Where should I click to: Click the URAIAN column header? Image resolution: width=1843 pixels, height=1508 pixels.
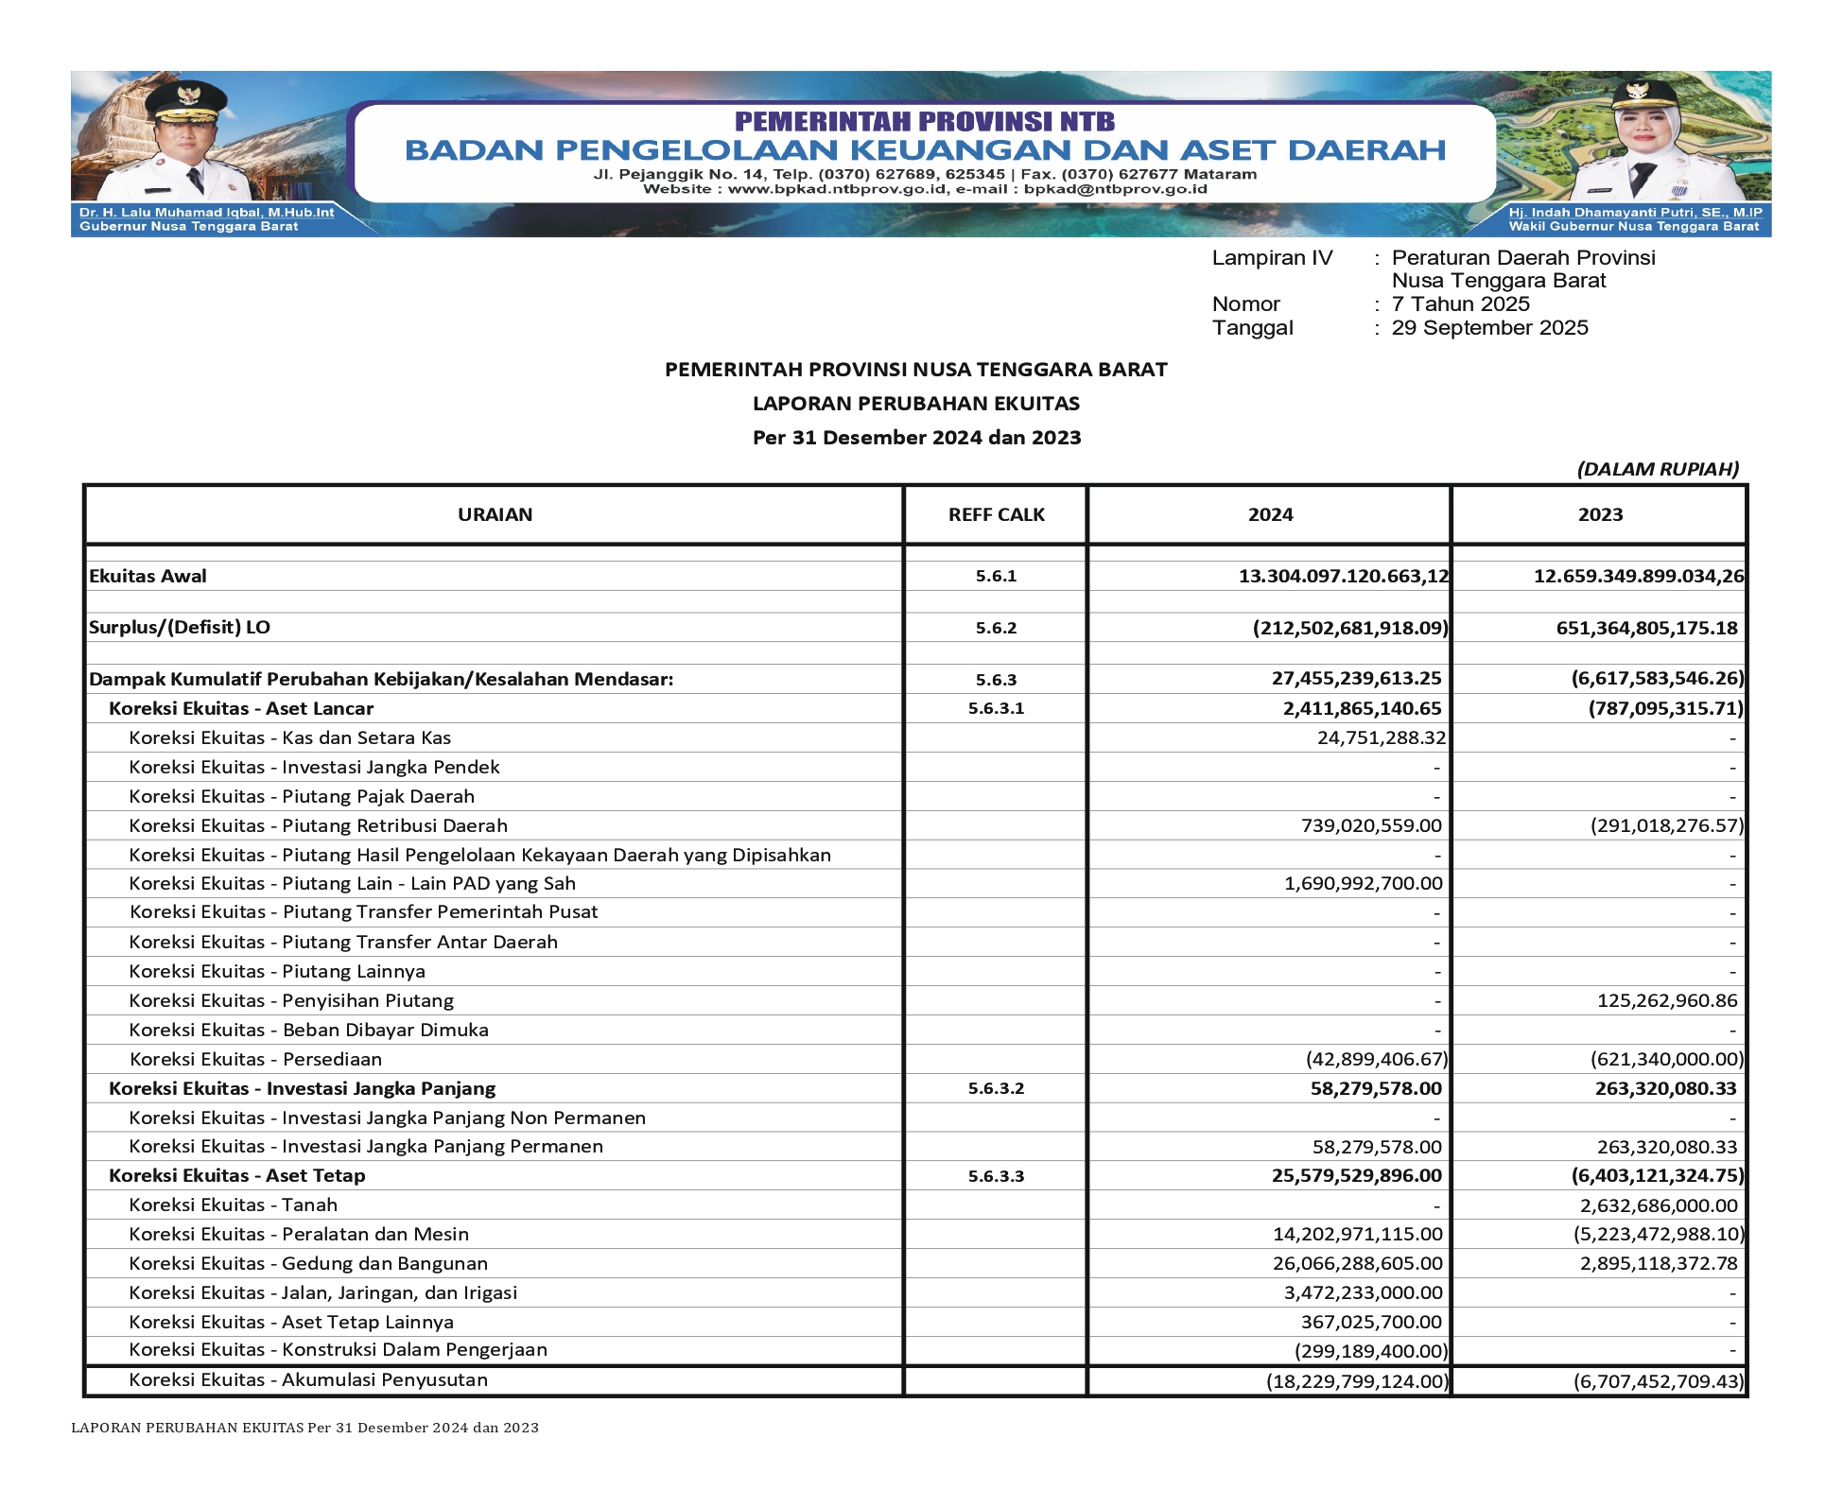pos(495,514)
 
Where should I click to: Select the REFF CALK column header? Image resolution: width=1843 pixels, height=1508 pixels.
pos(996,514)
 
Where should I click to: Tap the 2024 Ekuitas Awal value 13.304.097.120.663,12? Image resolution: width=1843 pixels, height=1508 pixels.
pos(1343,576)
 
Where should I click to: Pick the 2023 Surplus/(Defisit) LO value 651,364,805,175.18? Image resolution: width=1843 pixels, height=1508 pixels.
pos(1646,628)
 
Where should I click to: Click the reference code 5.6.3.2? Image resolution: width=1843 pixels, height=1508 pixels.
pos(996,1088)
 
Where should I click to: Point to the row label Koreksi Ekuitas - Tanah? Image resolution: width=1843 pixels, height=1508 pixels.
pos(233,1205)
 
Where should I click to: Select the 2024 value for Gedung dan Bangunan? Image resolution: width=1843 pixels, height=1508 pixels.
pos(1357,1263)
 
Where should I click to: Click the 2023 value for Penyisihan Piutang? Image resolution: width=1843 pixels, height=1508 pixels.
pos(1667,1000)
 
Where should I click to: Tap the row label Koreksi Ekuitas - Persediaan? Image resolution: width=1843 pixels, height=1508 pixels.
pos(255,1059)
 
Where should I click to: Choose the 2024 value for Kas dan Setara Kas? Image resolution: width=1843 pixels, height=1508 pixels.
pos(1381,737)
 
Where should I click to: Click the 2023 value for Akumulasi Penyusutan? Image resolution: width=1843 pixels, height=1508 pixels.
pos(1658,1381)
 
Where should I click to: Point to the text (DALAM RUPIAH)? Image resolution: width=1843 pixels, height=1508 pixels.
pos(1657,469)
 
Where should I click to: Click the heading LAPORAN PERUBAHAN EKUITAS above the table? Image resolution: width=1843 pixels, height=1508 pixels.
pos(915,404)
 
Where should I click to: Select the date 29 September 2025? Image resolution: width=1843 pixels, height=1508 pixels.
pos(1489,328)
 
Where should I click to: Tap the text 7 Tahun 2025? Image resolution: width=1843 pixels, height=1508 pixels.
pos(1460,304)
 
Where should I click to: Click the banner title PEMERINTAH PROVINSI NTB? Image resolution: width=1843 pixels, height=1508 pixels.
pos(924,121)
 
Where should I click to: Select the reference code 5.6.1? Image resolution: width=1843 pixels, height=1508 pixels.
pos(996,576)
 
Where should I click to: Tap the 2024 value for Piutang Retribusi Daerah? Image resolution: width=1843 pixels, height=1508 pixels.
pos(1371,825)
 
